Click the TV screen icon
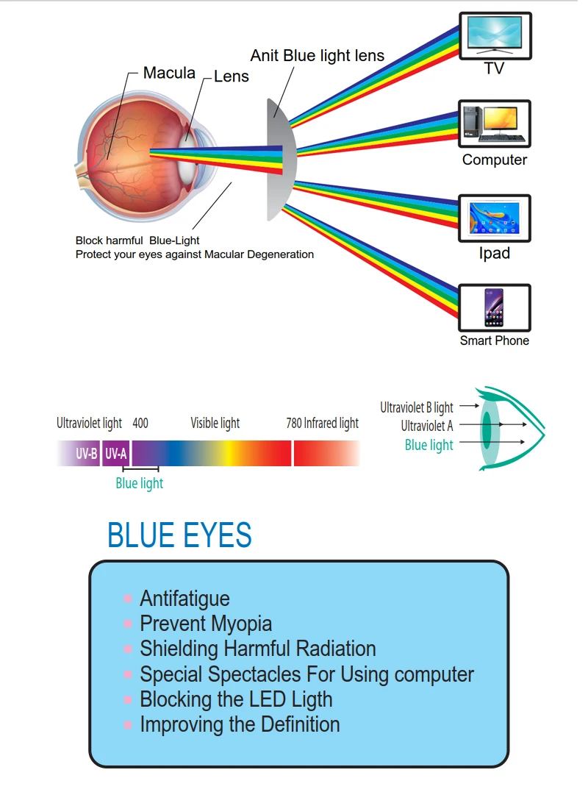pos(495,35)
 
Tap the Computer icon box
pos(495,124)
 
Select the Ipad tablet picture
pos(495,218)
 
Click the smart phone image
pos(495,307)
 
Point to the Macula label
pos(169,73)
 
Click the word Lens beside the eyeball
pos(232,76)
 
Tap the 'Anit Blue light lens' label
pos(317,56)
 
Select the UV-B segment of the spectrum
pos(86,454)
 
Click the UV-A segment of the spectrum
pos(115,454)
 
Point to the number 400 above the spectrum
pos(140,423)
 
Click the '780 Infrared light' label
pos(322,423)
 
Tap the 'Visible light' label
pos(215,423)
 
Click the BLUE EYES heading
pos(179,535)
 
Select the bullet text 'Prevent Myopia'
pos(206,624)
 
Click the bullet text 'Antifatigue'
pos(184,599)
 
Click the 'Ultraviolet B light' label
pos(417,407)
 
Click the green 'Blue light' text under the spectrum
pos(140,483)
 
